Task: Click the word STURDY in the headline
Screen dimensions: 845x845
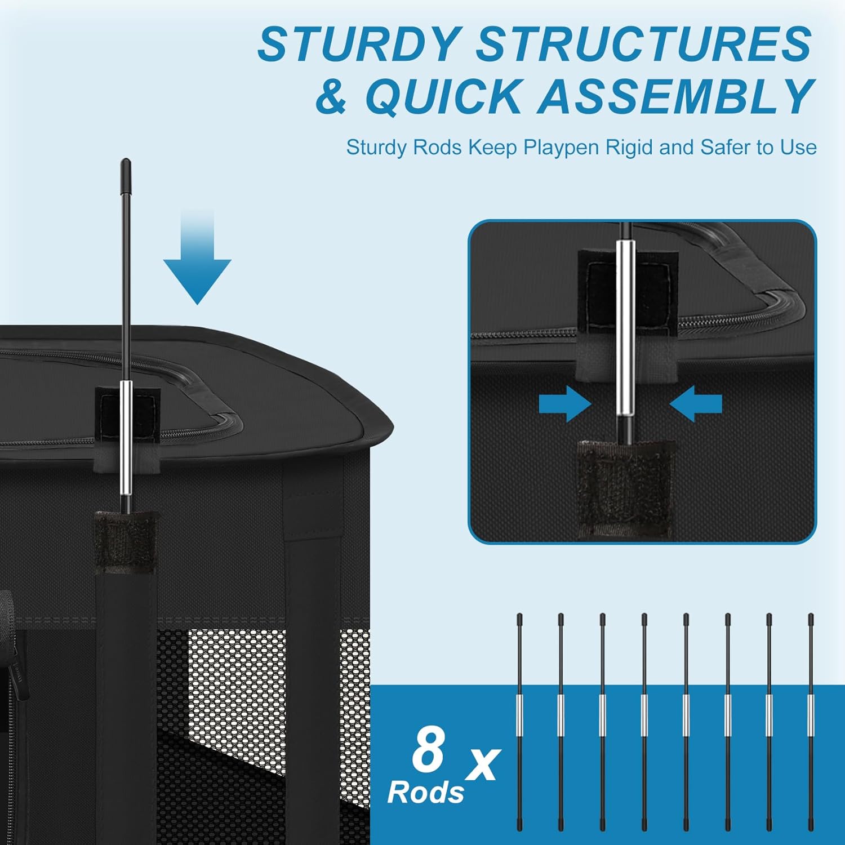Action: click(x=359, y=45)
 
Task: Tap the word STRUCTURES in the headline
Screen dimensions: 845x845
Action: click(x=644, y=45)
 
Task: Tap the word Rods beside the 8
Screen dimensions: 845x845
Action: click(x=425, y=793)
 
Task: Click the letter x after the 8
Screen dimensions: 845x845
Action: click(x=483, y=763)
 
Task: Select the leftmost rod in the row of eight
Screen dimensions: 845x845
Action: click(x=519, y=715)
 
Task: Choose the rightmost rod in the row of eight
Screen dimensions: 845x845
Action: click(x=811, y=715)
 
